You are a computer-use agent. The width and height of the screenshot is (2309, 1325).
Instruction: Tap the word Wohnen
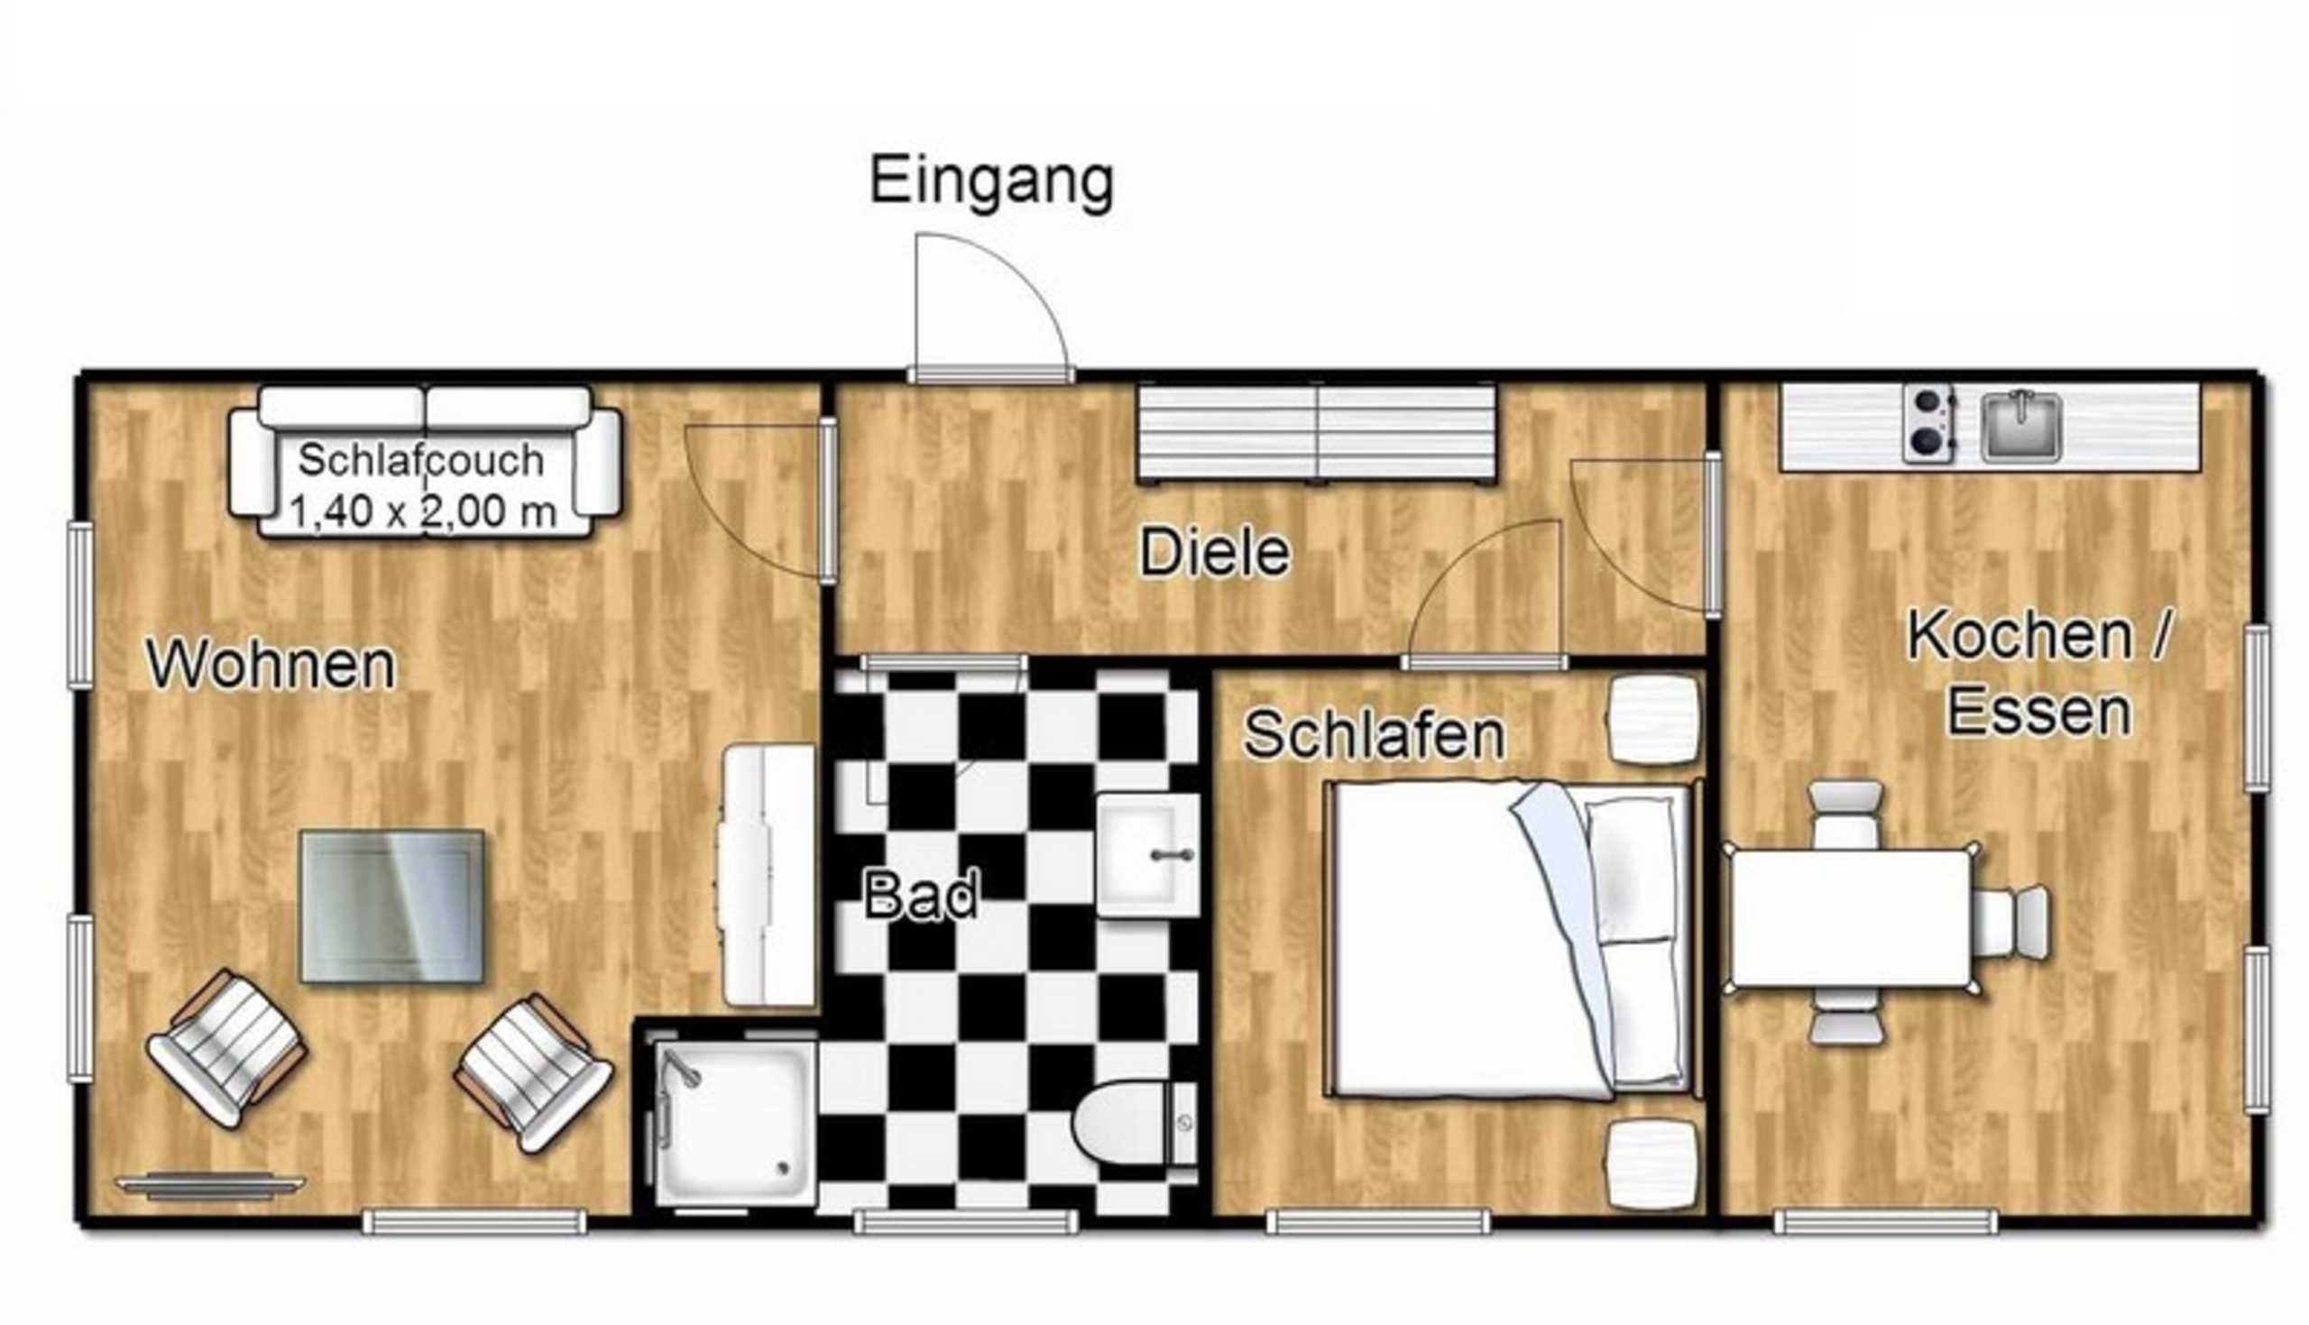click(x=271, y=666)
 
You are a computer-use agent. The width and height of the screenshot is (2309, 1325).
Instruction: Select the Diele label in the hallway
click(x=1216, y=552)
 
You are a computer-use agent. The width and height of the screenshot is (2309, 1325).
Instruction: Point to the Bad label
click(x=921, y=894)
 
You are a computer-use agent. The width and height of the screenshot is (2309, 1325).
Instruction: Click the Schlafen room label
click(x=1374, y=734)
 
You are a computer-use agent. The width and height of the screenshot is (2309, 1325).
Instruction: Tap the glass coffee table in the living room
click(x=392, y=906)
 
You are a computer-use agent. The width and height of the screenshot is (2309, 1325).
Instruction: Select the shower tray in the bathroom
click(x=734, y=1123)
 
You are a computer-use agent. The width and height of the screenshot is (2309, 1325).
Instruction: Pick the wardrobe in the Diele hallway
click(x=1317, y=432)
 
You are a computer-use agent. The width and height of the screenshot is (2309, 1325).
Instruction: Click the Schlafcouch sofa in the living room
click(x=425, y=462)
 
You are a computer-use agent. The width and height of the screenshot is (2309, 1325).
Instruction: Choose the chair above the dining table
click(x=1845, y=815)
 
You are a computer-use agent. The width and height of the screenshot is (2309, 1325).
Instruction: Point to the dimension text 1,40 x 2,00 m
click(x=423, y=511)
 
